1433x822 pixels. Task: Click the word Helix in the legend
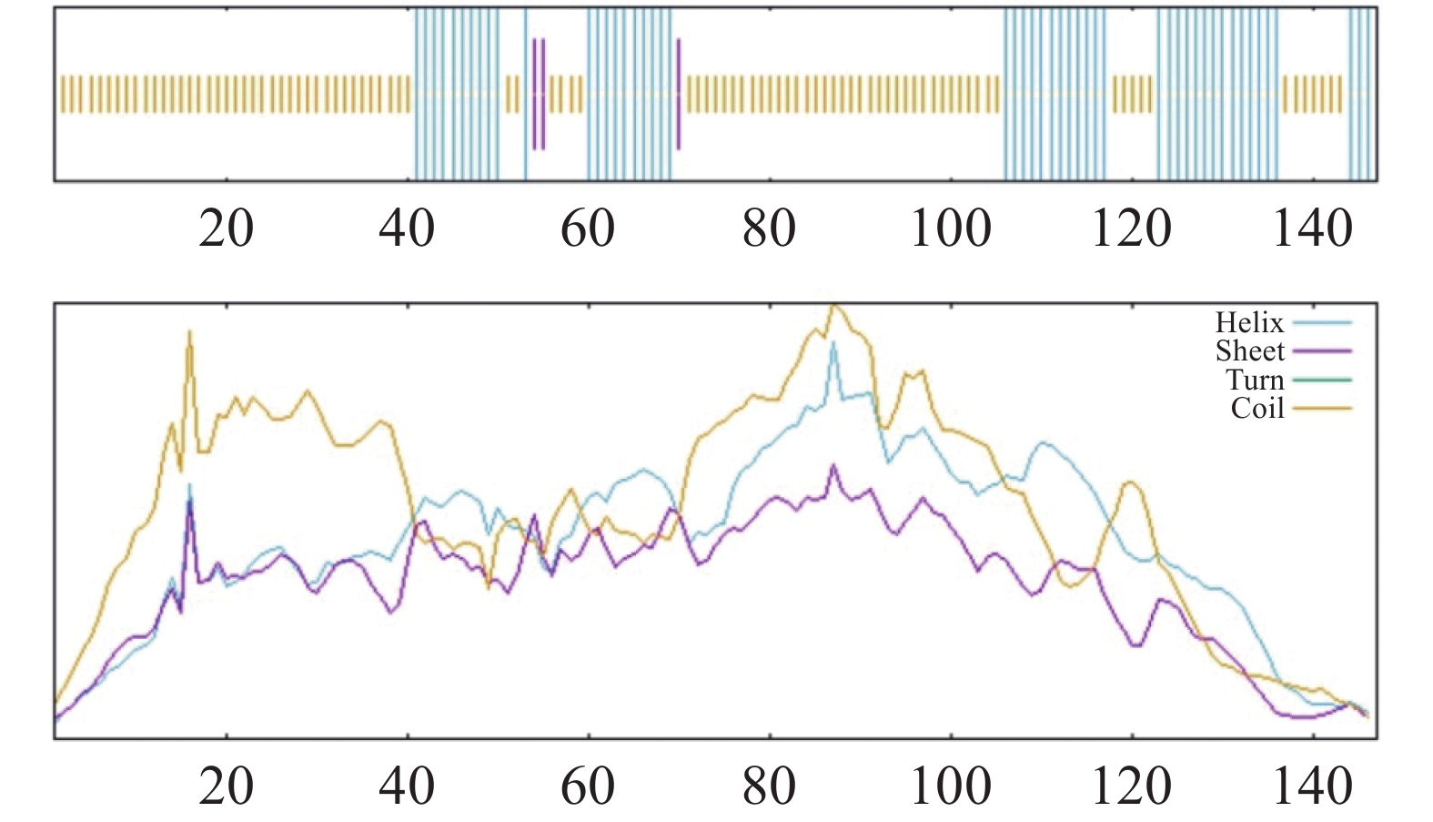click(x=1248, y=323)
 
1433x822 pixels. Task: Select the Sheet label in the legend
click(x=1249, y=351)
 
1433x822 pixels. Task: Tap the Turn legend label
click(x=1254, y=380)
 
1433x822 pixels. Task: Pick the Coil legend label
click(x=1256, y=408)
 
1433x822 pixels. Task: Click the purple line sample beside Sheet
click(x=1321, y=351)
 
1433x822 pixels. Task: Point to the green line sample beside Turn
click(x=1321, y=380)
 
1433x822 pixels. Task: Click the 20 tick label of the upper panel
click(x=226, y=228)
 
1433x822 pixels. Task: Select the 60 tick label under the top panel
click(x=588, y=228)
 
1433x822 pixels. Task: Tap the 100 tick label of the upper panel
click(x=950, y=228)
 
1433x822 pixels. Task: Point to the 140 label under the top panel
click(x=1312, y=228)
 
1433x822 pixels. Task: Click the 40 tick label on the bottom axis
click(x=407, y=786)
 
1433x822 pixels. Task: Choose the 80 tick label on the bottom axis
click(x=769, y=786)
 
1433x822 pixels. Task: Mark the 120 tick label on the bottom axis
click(x=1131, y=786)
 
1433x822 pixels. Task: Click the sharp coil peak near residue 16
click(x=189, y=333)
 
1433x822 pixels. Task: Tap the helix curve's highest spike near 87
click(x=833, y=344)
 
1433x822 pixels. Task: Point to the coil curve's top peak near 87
click(x=834, y=308)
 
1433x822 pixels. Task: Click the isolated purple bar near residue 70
click(x=679, y=94)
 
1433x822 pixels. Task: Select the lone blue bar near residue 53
click(x=525, y=94)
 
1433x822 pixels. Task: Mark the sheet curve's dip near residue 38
click(x=390, y=612)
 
